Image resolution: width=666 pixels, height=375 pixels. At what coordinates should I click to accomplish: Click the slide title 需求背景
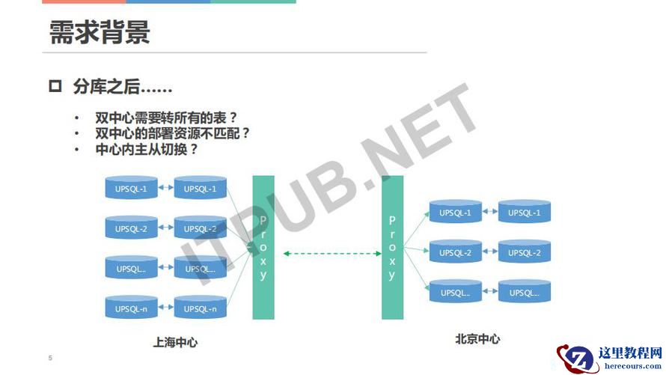click(100, 32)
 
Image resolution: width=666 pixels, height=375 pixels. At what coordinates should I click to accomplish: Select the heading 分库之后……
click(123, 87)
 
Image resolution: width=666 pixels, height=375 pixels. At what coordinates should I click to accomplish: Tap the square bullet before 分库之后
click(55, 86)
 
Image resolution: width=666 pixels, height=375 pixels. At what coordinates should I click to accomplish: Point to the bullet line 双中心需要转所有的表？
click(166, 118)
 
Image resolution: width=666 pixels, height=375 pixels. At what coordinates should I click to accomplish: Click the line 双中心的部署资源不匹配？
click(172, 133)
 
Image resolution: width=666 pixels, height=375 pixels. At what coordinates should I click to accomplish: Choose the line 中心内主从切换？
click(147, 150)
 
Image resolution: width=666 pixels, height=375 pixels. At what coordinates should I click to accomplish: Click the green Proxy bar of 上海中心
click(263, 248)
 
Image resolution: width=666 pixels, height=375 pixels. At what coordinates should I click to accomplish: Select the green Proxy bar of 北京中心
click(392, 248)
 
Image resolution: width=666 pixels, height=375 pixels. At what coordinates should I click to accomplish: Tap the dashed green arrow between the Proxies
click(332, 254)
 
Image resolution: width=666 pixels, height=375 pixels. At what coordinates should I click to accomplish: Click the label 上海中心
click(175, 342)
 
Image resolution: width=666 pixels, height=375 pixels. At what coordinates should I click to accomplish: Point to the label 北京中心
click(477, 339)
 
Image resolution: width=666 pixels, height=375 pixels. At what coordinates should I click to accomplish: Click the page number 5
click(50, 358)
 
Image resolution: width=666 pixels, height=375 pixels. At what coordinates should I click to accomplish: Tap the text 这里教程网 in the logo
click(630, 353)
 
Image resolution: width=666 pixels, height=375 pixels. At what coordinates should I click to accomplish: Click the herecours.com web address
click(633, 365)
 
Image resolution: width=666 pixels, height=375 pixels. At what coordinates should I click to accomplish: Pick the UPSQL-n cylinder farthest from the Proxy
click(131, 307)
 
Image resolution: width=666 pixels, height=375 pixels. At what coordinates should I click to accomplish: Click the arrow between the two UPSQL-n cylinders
click(165, 307)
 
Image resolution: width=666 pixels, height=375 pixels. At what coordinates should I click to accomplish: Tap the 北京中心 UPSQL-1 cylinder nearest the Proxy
click(455, 211)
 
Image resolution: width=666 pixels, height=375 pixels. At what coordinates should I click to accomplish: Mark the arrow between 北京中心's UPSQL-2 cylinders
click(490, 251)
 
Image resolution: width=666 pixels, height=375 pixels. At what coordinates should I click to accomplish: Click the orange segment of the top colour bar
click(84, 1)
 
